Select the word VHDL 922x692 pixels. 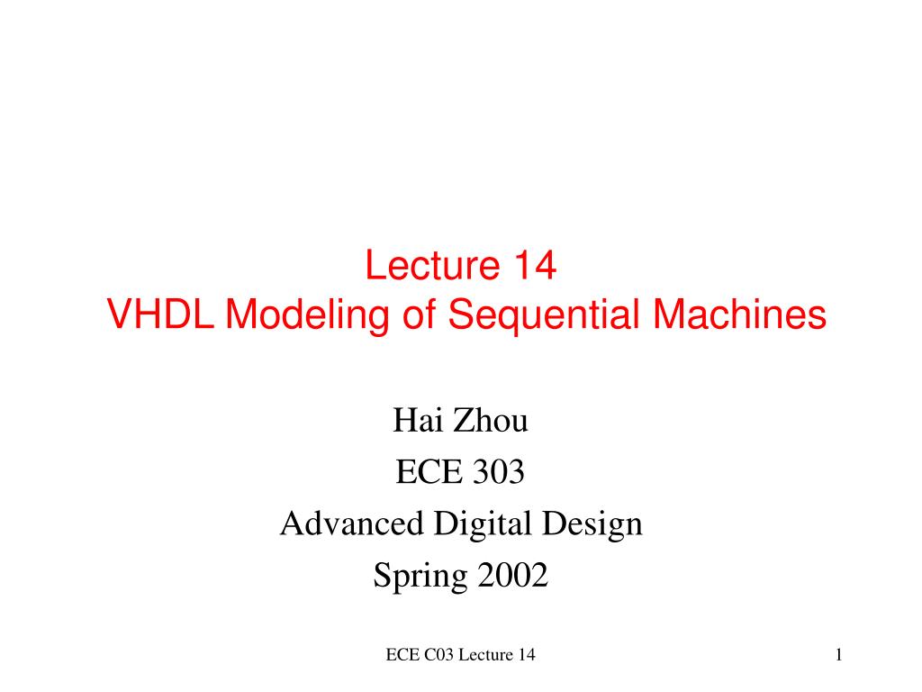(161, 315)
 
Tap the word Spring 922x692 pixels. (417, 576)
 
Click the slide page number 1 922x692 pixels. (837, 655)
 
